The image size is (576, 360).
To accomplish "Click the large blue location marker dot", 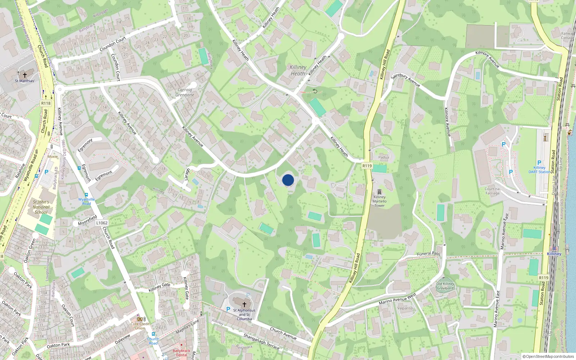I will tap(288, 180).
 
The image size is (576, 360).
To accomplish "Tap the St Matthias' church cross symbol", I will tap(25, 75).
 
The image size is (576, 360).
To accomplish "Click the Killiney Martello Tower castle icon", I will tap(379, 192).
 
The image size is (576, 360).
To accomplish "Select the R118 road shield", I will tap(46, 103).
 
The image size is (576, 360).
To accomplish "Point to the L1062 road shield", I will tap(102, 223).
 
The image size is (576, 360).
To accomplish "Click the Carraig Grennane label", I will tap(185, 93).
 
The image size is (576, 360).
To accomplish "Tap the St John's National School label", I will tap(41, 207).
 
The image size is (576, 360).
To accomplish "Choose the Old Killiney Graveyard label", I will tap(445, 286).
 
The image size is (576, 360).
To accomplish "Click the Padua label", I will tap(383, 157).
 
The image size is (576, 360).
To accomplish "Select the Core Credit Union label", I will tap(140, 326).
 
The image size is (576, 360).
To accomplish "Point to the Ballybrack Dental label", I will tap(181, 352).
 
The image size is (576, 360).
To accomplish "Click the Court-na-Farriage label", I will tap(492, 191).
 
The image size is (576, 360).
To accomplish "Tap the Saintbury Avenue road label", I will tap(405, 80).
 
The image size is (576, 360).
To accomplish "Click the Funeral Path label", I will tap(428, 254).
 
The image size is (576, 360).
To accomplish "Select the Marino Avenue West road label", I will tap(397, 299).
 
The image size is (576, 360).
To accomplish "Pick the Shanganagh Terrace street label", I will tap(261, 341).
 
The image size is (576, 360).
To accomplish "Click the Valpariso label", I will tap(405, 308).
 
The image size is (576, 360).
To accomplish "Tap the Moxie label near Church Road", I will tap(53, 157).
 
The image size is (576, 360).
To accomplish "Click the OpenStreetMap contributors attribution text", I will tap(548, 356).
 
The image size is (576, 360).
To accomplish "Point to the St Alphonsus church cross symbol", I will tap(244, 305).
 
